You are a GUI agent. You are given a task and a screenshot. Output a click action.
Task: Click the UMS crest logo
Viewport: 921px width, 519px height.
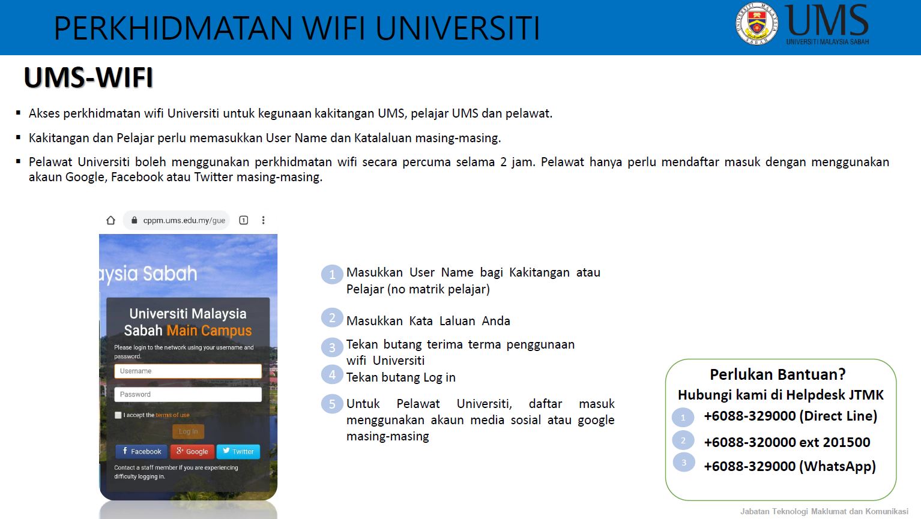coord(756,24)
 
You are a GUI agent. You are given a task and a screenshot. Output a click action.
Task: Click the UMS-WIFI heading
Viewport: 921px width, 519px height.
coord(88,77)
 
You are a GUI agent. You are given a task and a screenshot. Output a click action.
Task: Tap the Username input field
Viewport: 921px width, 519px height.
coord(188,371)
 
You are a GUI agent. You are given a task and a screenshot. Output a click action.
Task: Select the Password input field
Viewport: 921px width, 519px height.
coord(188,394)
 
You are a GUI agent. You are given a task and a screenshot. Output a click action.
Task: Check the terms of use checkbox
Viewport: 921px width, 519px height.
coord(118,415)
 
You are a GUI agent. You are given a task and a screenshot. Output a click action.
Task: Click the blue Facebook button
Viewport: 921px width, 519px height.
coord(142,451)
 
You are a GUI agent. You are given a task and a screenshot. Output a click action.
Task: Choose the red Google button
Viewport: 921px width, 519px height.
coord(192,451)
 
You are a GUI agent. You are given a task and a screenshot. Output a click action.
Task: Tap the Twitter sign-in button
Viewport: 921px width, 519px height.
coord(238,451)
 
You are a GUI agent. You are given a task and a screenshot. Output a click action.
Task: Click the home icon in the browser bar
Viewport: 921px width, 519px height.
coord(110,220)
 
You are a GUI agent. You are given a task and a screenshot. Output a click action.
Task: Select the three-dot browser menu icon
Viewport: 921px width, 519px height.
coord(263,220)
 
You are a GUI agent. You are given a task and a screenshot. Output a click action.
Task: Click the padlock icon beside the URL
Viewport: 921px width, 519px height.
coord(134,220)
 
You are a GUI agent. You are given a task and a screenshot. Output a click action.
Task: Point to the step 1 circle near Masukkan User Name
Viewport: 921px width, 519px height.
coord(332,274)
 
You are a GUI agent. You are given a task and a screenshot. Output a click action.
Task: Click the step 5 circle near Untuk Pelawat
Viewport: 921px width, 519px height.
coord(332,404)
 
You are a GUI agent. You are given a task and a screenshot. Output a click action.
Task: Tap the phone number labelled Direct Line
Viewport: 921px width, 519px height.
coord(750,416)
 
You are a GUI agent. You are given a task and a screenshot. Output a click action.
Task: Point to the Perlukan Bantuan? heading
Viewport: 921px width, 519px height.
coord(778,374)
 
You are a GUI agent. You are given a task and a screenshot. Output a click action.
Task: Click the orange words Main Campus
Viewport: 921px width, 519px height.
coord(209,331)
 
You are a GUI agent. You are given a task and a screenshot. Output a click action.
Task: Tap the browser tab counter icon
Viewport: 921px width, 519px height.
coord(243,220)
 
